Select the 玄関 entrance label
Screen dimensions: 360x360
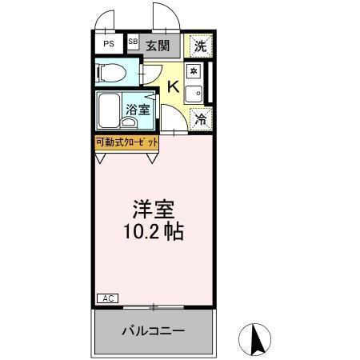pos(158,46)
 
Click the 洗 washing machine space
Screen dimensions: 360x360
pos(201,46)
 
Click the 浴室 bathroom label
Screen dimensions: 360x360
pos(138,109)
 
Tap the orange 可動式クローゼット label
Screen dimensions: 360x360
pos(126,142)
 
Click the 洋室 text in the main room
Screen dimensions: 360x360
pos(154,210)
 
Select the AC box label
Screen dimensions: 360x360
pos(107,298)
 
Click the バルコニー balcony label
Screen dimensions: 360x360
pos(153,330)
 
